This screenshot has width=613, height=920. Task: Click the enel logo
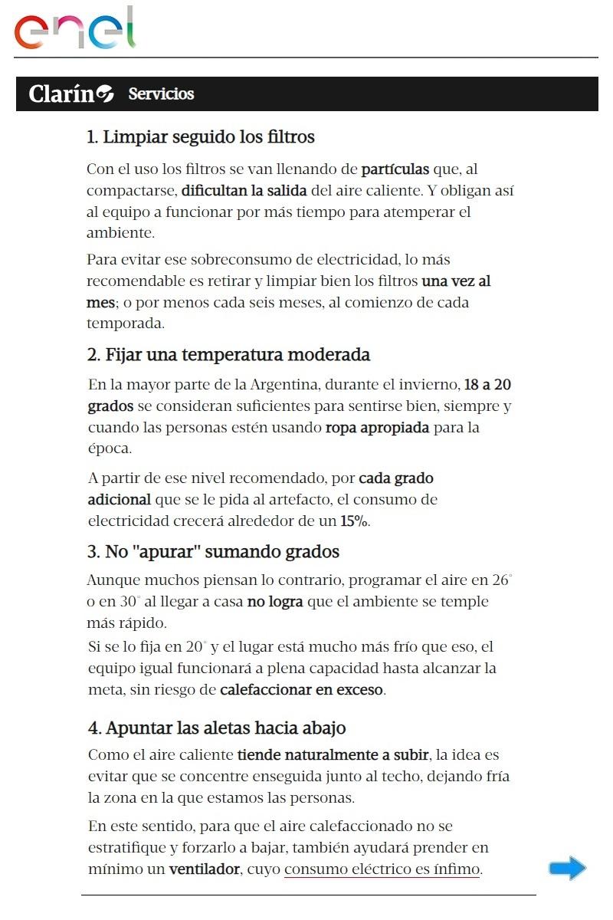coord(74,30)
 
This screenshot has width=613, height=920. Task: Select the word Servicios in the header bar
coord(161,94)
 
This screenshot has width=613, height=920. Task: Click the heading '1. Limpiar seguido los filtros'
coord(201,138)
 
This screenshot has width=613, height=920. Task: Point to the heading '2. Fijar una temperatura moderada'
coord(229,355)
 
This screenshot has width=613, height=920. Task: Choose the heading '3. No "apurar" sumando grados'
coord(213,552)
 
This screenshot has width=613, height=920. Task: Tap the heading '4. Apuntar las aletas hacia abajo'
coord(217,728)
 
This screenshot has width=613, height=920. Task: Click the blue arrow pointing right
coord(567,869)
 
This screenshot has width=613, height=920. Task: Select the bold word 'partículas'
coord(396,169)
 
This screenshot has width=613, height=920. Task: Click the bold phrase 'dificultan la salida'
coord(244,189)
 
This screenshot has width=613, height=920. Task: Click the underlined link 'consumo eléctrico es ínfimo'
coord(382,869)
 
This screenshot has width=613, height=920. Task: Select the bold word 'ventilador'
coord(204,869)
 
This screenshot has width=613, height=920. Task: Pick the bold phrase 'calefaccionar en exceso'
coord(301,689)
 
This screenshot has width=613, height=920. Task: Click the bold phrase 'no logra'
coord(275,602)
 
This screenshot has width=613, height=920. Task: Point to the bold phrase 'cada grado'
coord(396,478)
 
